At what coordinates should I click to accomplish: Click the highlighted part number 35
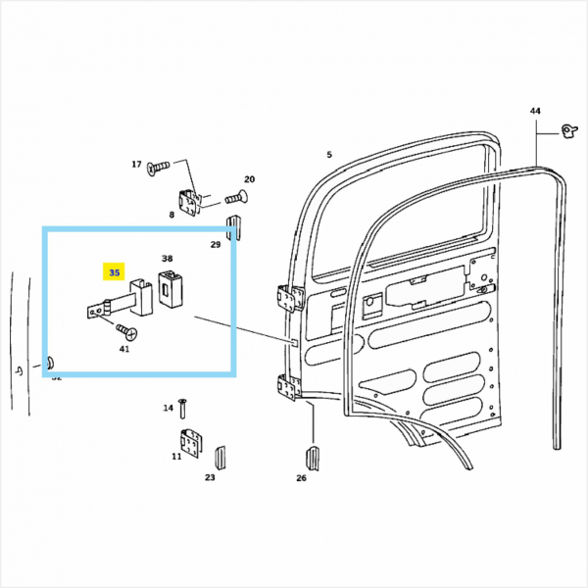tap(116, 272)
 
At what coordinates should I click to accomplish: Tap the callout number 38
tap(168, 261)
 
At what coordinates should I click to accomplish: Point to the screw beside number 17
tap(158, 169)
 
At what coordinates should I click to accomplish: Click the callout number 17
tap(136, 165)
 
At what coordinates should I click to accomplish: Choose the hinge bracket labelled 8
tap(191, 201)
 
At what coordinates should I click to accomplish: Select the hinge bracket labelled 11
tap(189, 444)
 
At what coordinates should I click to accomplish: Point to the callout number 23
tap(210, 477)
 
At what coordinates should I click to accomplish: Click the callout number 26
tap(301, 477)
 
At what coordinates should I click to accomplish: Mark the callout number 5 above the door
tap(329, 155)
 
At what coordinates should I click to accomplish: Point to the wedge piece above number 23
tap(220, 457)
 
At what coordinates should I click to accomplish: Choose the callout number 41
tap(123, 349)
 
